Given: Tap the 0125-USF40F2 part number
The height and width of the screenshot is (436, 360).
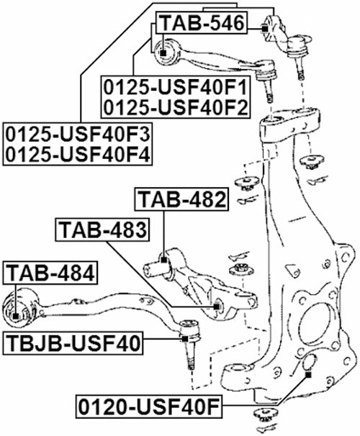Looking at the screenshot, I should [175, 108].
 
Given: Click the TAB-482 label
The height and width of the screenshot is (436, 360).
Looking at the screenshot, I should [182, 199].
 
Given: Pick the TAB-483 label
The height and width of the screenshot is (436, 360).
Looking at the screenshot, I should [102, 231].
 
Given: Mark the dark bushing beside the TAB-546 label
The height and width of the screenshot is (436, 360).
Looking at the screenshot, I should [265, 29].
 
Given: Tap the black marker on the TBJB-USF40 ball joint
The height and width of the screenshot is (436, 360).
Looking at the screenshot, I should [185, 337].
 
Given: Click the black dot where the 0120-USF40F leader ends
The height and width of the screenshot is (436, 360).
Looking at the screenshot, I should [308, 374].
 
